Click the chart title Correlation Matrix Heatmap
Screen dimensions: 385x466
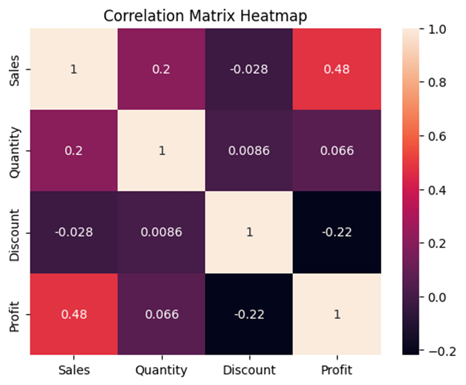205,16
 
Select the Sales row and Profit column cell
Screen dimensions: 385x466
337,69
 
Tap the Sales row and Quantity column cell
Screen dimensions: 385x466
161,69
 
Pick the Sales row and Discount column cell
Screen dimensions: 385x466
249,69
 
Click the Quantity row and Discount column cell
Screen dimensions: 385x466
249,151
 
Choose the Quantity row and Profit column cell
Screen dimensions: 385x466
337,151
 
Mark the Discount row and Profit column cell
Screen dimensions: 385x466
337,232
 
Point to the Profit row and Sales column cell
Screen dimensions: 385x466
74,314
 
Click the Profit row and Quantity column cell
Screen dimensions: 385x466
161,314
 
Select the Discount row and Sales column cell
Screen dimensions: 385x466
74,232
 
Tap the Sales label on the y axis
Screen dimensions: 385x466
17,69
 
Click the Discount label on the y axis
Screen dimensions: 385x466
17,232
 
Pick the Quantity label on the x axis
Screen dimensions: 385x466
161,371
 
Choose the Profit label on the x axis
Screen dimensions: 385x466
337,371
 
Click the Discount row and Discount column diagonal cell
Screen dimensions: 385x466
249,232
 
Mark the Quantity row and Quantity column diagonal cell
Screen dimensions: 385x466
161,151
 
